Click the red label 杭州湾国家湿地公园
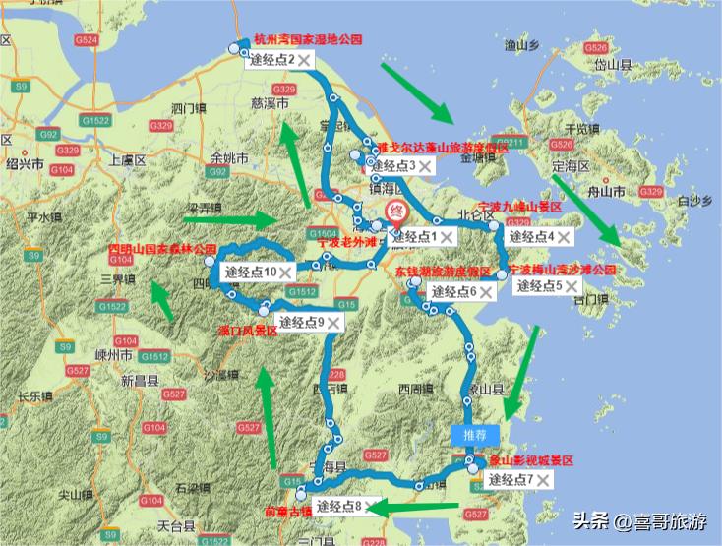(308, 40)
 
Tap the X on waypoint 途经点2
(304, 60)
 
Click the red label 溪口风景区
(247, 332)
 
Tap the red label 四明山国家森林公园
(161, 250)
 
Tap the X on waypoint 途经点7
(541, 480)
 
